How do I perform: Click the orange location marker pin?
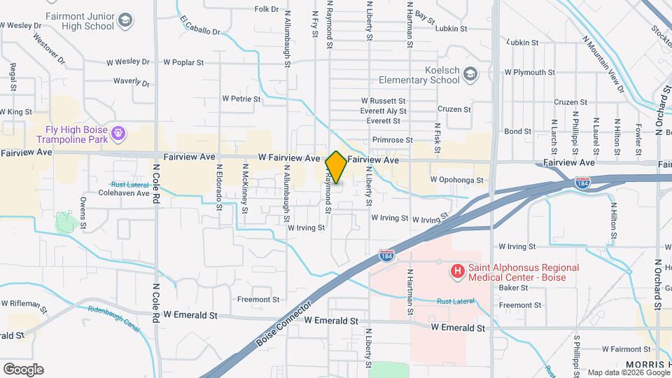(x=336, y=167)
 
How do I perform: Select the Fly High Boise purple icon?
(x=119, y=132)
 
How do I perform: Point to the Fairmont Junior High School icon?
(x=125, y=20)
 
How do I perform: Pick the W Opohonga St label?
(x=457, y=180)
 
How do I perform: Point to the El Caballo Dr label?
(x=199, y=26)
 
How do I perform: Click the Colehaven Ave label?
(x=124, y=192)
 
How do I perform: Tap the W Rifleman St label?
(x=24, y=306)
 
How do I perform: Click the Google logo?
(x=22, y=370)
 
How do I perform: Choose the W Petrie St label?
(x=241, y=99)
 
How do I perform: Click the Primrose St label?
(x=390, y=140)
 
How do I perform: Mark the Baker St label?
(x=513, y=288)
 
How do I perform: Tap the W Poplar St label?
(x=183, y=62)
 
